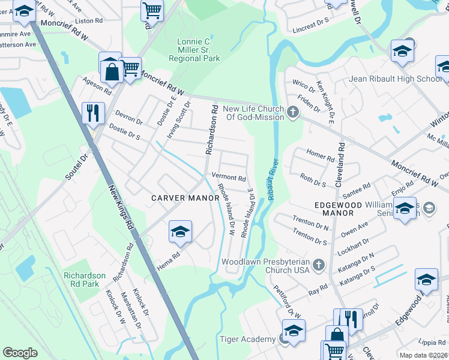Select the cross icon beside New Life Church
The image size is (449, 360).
click(x=293, y=112)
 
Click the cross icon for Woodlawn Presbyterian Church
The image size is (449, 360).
click(x=319, y=265)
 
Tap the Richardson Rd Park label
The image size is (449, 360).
click(x=85, y=280)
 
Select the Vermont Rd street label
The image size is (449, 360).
click(x=229, y=178)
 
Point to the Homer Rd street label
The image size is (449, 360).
click(x=320, y=158)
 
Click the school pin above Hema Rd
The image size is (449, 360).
click(x=180, y=232)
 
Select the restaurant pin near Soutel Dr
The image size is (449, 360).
click(x=93, y=112)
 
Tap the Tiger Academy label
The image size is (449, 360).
click(x=247, y=340)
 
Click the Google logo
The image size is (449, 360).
click(x=20, y=353)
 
